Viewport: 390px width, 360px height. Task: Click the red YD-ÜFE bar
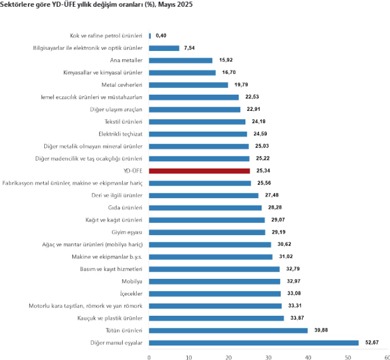[x=199, y=171]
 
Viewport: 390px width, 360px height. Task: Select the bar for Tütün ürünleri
[x=228, y=330]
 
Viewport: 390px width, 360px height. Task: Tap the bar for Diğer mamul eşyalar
[x=254, y=343]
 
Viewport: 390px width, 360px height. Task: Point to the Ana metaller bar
[x=180, y=60]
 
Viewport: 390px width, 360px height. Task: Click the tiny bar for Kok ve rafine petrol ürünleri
[x=150, y=36]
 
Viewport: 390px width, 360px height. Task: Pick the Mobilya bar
[x=215, y=281]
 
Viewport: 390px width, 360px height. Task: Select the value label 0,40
[x=161, y=36]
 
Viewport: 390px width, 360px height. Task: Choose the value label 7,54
[x=190, y=48]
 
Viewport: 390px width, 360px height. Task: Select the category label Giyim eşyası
[x=127, y=232]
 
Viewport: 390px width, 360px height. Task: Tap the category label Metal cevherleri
[x=123, y=85]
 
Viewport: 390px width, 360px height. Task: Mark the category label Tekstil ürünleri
[x=123, y=122]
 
